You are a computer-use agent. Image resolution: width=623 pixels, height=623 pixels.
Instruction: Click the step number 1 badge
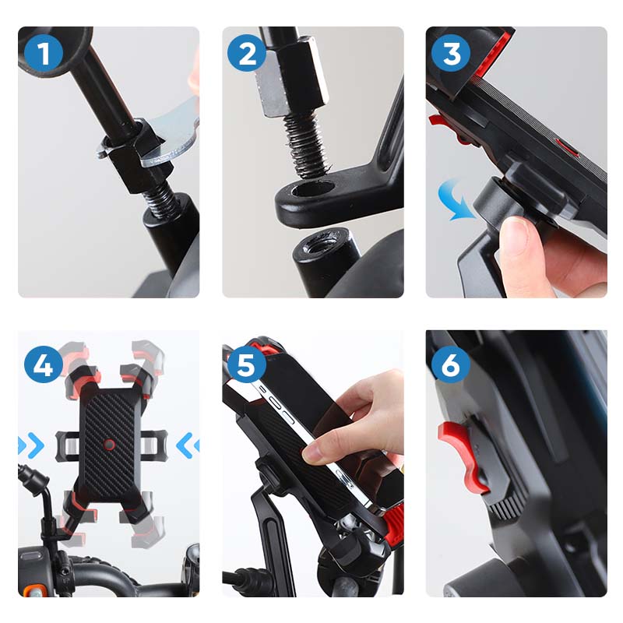pyautogui.click(x=43, y=54)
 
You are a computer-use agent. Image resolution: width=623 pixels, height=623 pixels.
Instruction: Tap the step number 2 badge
pyautogui.click(x=247, y=54)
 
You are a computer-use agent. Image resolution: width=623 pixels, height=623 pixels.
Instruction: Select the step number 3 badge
pyautogui.click(x=451, y=54)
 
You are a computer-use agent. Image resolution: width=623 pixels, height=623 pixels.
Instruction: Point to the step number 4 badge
pyautogui.click(x=43, y=364)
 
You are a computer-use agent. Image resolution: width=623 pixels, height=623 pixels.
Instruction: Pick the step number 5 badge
pyautogui.click(x=247, y=364)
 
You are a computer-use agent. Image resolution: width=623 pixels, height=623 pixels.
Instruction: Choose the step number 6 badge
pyautogui.click(x=451, y=364)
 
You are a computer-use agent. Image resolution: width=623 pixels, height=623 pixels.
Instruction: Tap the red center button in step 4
pyautogui.click(x=110, y=445)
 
